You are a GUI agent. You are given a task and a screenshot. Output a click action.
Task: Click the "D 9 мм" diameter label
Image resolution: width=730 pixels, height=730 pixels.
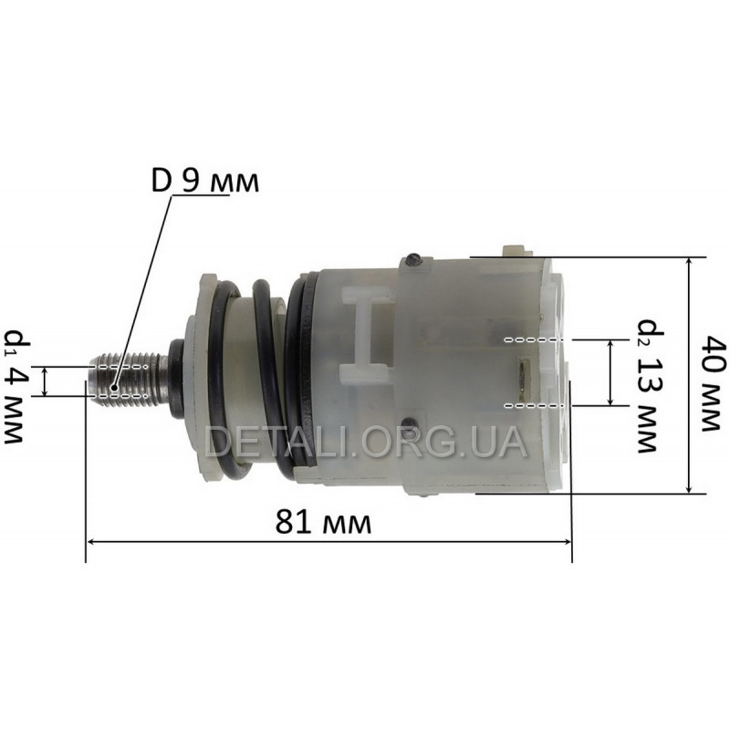click(x=204, y=182)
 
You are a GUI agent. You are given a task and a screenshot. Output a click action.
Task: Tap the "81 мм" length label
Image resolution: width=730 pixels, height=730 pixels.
click(x=323, y=522)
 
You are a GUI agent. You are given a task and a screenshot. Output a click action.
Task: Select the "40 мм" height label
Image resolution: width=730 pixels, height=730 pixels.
click(x=714, y=384)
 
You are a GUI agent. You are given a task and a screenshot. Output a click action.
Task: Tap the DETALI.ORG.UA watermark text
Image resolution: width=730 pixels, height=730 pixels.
click(x=366, y=443)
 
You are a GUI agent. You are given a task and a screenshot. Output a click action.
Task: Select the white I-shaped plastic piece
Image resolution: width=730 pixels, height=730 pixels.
click(x=367, y=334)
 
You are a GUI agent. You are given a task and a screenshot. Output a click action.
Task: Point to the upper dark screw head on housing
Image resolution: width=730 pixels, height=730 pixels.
click(x=413, y=260)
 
